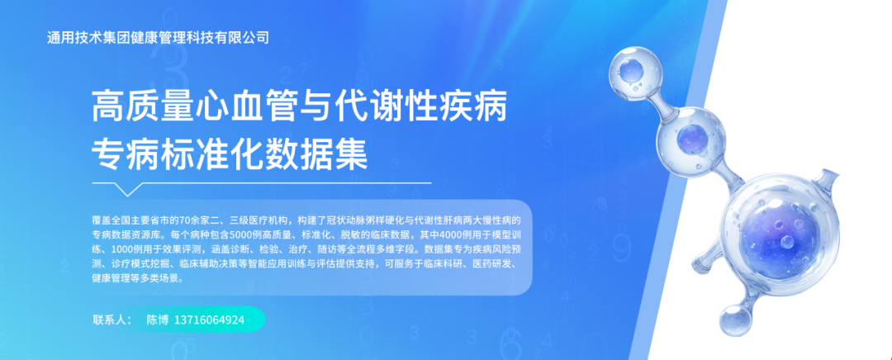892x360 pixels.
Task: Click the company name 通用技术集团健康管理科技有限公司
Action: pyautogui.click(x=159, y=38)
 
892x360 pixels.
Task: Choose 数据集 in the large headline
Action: pyautogui.click(x=326, y=154)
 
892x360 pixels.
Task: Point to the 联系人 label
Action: pyautogui.click(x=111, y=320)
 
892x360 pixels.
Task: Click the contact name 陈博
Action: pyautogui.click(x=157, y=320)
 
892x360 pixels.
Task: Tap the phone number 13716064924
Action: pyautogui.click(x=209, y=320)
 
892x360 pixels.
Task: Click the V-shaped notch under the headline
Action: pyautogui.click(x=125, y=188)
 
